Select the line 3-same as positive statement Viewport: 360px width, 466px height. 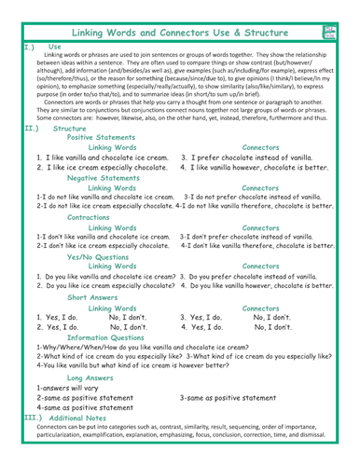click(237, 398)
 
